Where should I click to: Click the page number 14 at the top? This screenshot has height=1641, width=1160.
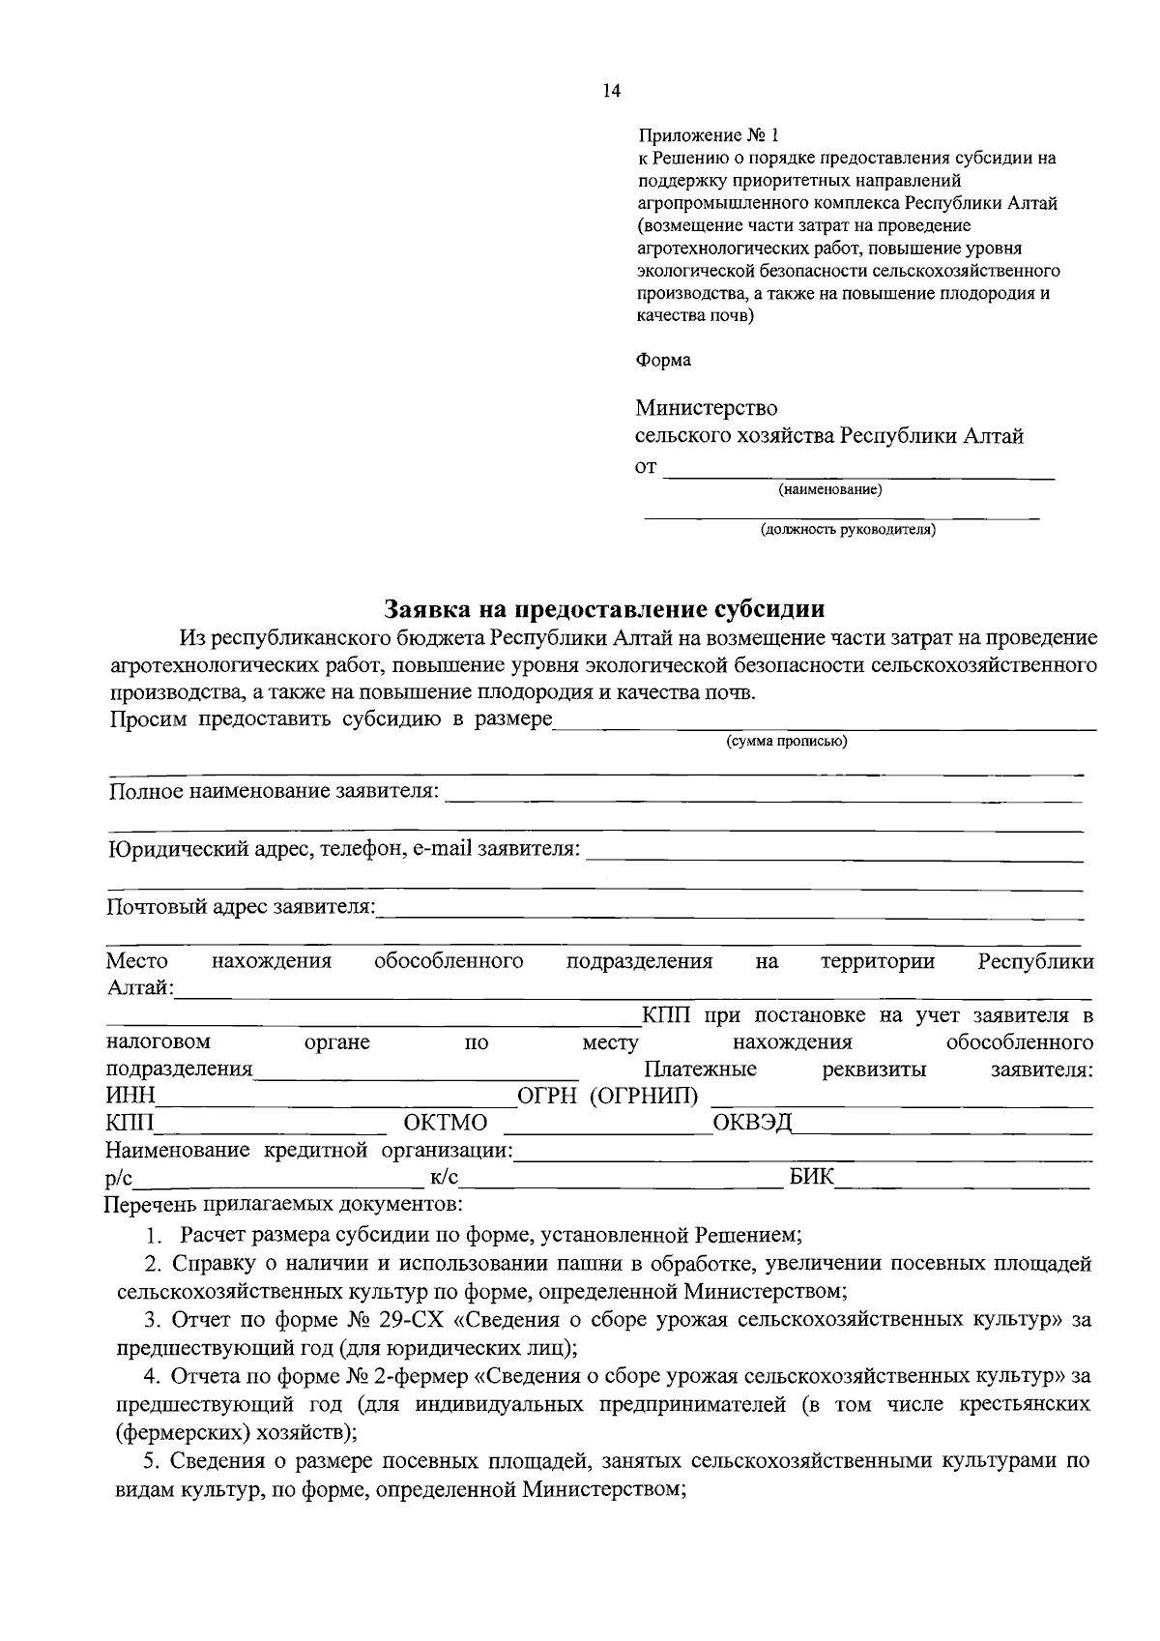[x=611, y=91]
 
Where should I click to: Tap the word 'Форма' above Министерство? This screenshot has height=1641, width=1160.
[x=663, y=360]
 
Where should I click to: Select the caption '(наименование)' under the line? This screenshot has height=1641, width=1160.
[x=830, y=490]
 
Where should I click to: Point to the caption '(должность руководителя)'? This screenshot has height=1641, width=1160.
[x=848, y=530]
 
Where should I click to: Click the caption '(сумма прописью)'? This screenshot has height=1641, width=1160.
[x=786, y=742]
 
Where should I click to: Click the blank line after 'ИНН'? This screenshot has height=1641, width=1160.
[x=335, y=1102]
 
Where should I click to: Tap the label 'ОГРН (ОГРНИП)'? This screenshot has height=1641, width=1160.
[x=608, y=1096]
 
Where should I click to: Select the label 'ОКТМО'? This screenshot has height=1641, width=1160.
[x=446, y=1123]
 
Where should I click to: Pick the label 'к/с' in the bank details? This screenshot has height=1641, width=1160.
[x=444, y=1177]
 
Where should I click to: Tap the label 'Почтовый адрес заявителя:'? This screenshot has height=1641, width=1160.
[x=241, y=907]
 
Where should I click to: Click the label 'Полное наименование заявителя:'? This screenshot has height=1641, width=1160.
[x=274, y=792]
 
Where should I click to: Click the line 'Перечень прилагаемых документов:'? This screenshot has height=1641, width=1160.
[x=284, y=1205]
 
